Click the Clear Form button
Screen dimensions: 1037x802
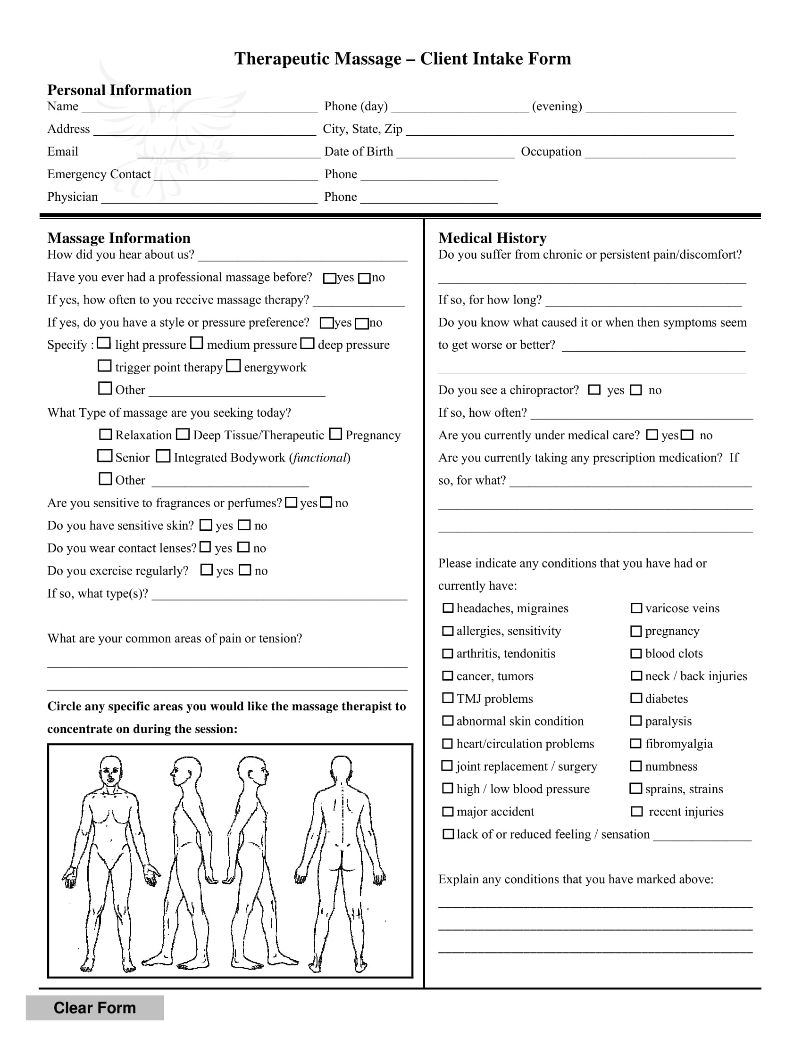coord(94,1007)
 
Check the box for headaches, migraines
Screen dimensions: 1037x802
coord(448,608)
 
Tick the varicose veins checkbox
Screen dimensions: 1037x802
coord(636,608)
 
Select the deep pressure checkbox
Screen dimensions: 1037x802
coord(308,343)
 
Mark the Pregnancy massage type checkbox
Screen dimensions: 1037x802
coord(335,434)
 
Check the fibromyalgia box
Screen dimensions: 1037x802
coord(636,743)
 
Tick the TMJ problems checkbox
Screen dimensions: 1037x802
coord(448,698)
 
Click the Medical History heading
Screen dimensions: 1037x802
coord(492,238)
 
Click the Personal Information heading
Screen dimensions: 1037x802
coord(119,90)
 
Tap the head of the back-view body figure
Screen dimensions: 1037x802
coord(341,768)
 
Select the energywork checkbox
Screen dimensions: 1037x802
coord(233,366)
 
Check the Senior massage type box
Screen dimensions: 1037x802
coord(105,456)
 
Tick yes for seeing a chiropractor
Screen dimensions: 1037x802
coord(594,390)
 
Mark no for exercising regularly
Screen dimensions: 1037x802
coord(245,570)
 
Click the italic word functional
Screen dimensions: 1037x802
coord(320,458)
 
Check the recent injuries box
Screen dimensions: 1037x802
coord(637,812)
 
